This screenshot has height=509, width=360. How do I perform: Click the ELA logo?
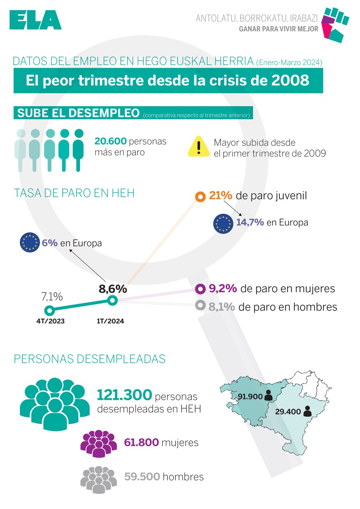(x=35, y=20)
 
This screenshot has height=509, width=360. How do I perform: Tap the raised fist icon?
(x=334, y=24)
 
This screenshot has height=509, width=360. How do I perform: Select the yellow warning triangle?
(x=198, y=147)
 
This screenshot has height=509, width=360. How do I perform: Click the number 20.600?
(x=111, y=141)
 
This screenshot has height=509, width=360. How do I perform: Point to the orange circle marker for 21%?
(x=200, y=197)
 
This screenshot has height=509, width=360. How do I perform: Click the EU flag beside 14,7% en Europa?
(x=223, y=224)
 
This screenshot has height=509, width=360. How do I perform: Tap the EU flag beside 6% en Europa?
(x=30, y=242)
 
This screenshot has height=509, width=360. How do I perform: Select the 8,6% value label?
(x=113, y=289)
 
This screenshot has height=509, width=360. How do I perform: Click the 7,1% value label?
(x=52, y=296)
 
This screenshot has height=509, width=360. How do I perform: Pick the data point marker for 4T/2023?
(x=49, y=310)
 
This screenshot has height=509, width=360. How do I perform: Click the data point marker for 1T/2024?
(x=112, y=300)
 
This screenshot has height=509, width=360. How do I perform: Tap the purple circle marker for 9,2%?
(x=200, y=289)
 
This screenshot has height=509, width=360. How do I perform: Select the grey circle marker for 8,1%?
(x=200, y=305)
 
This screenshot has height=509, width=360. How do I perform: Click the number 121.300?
(x=125, y=395)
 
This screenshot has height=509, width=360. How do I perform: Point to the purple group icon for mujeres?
(x=99, y=443)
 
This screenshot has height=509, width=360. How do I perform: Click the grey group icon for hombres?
(x=98, y=479)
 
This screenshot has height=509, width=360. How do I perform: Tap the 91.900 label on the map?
(x=250, y=397)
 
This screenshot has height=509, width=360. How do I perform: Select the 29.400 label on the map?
(x=288, y=412)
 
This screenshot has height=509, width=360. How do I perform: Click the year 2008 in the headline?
(x=290, y=80)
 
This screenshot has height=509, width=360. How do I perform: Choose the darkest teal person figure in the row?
(x=78, y=149)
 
